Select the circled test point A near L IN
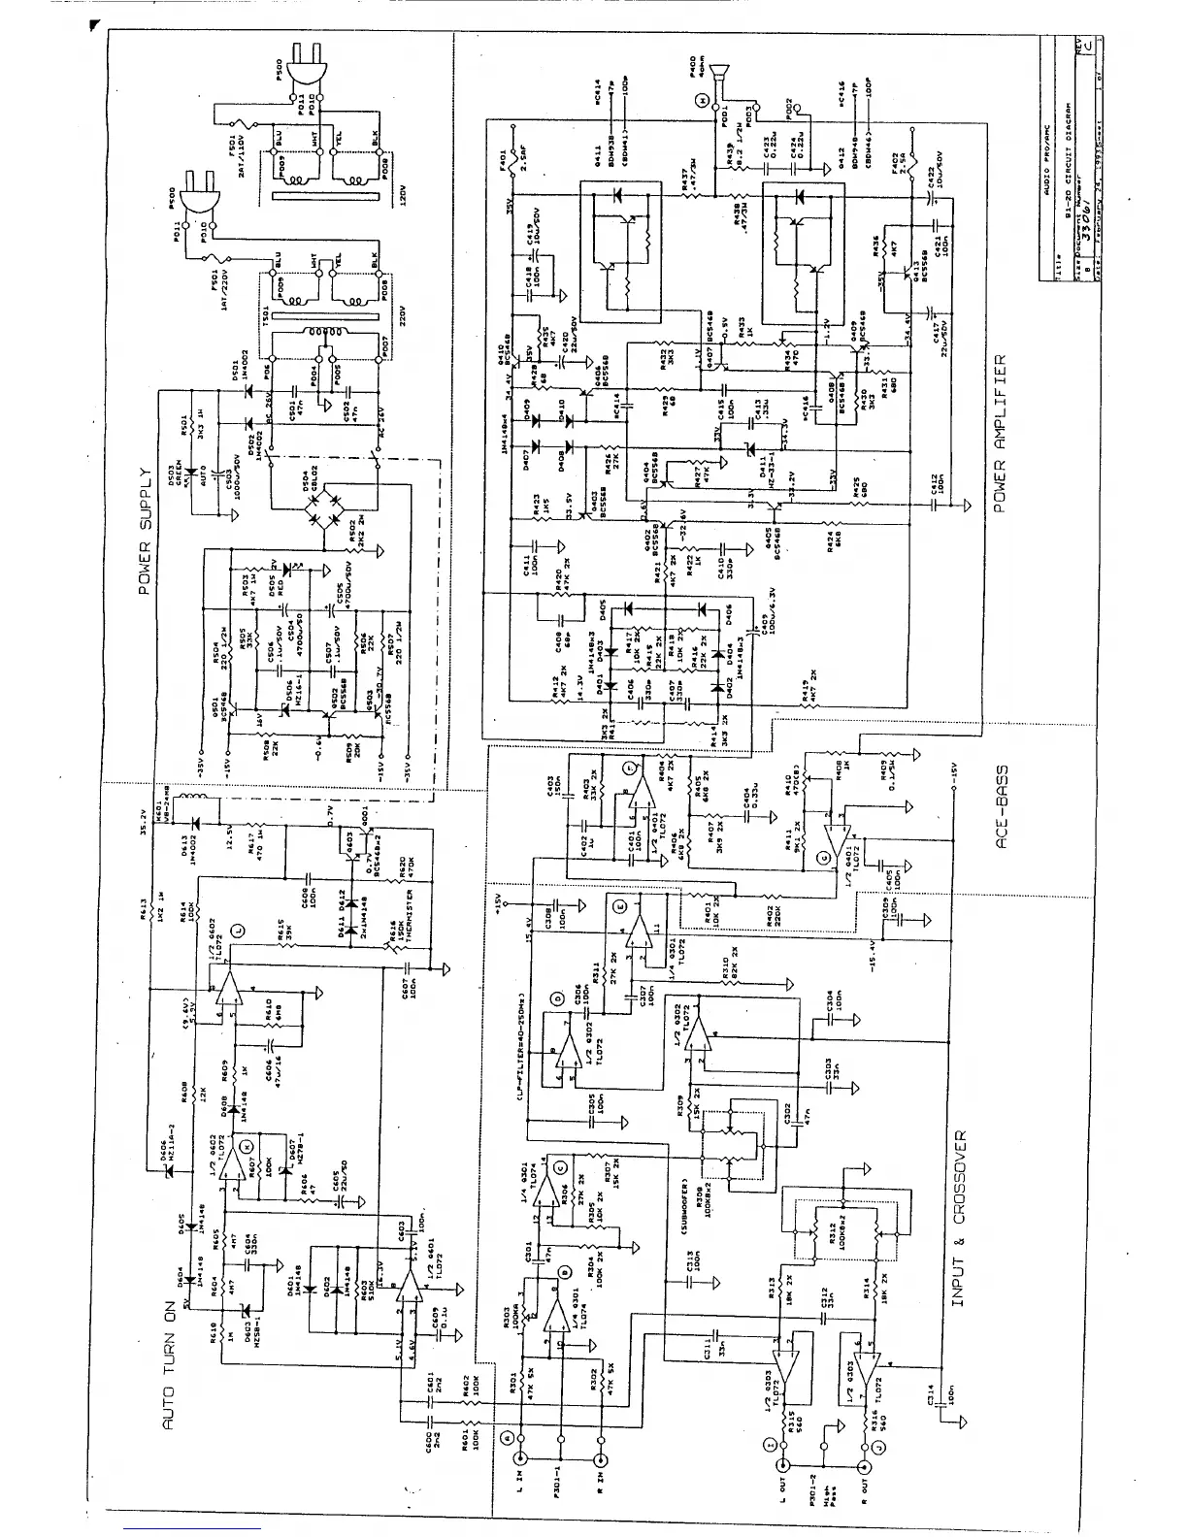click(x=506, y=1437)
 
